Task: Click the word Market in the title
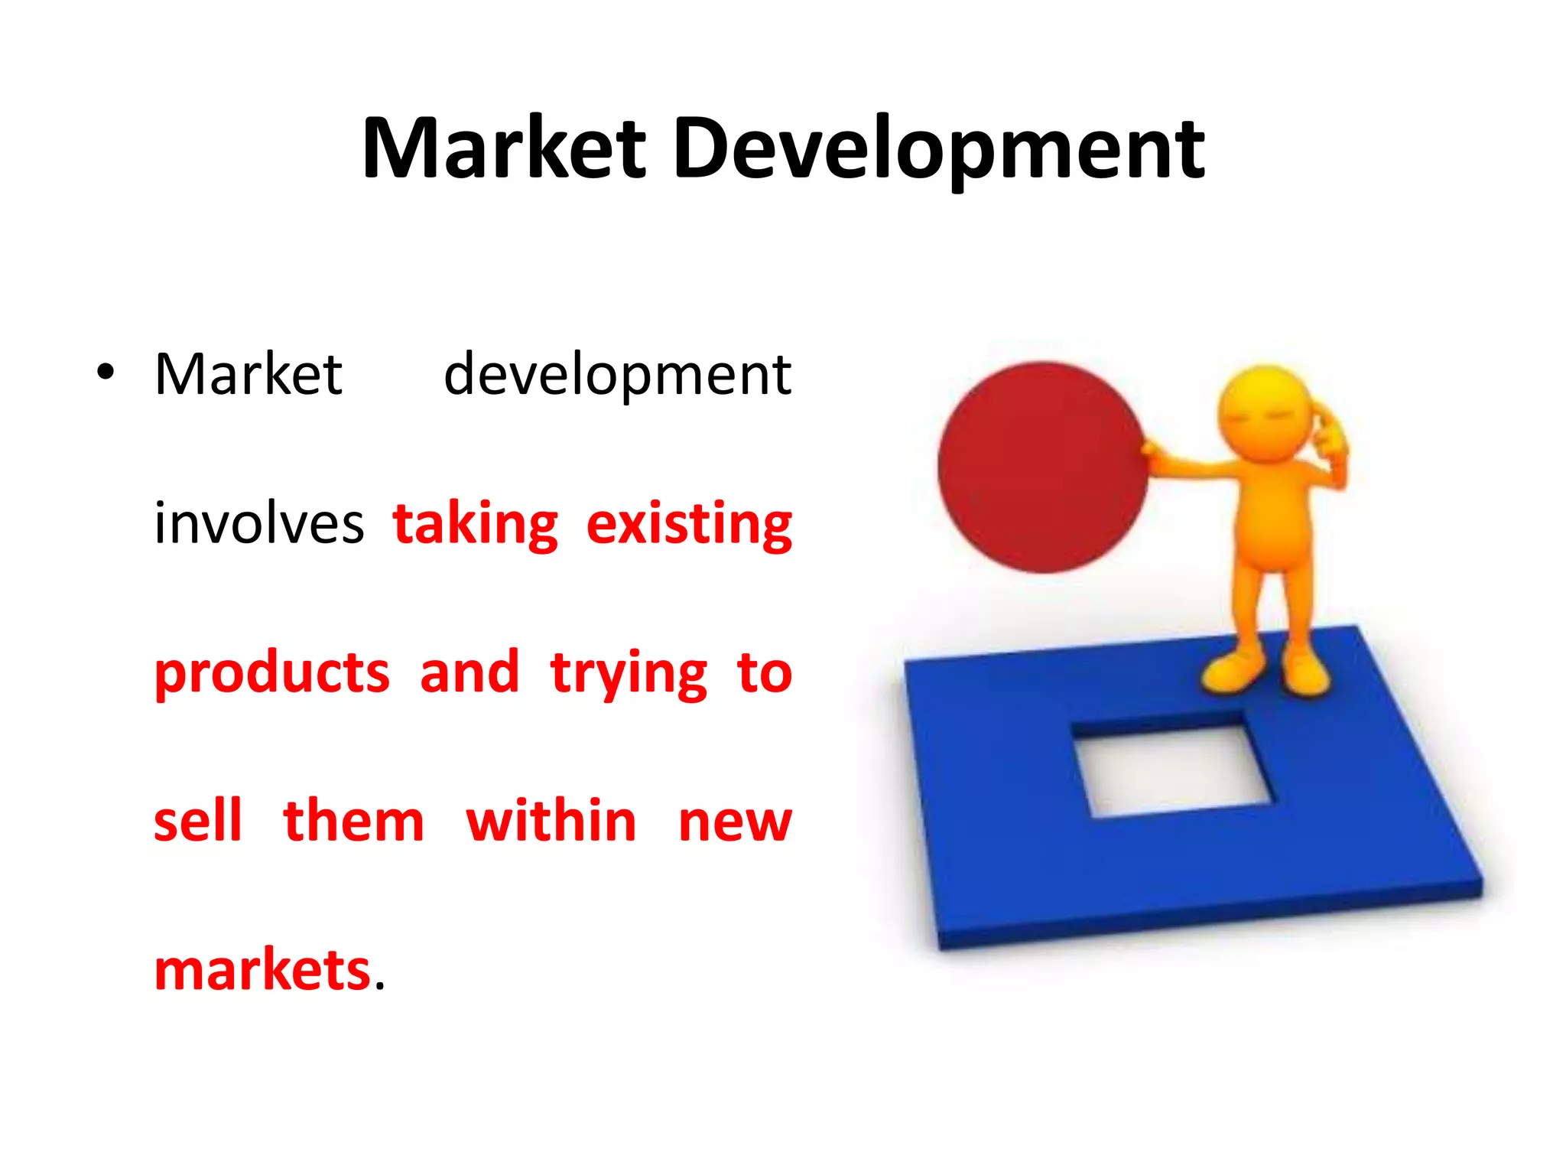(x=505, y=149)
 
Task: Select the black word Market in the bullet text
(x=249, y=375)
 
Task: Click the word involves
(x=259, y=524)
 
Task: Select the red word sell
(x=198, y=821)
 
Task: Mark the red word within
(x=551, y=821)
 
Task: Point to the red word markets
(x=262, y=970)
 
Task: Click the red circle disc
(x=1042, y=467)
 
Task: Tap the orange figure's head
(x=1265, y=413)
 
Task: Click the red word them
(x=353, y=821)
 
